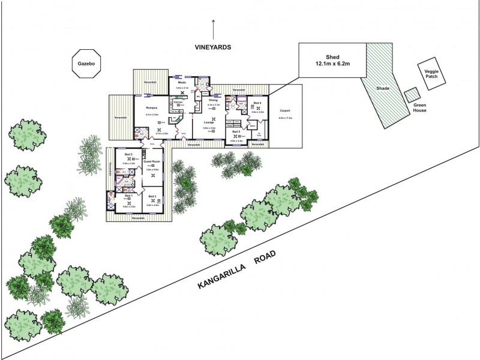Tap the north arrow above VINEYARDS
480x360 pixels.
(213, 28)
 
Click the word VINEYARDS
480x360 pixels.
(213, 47)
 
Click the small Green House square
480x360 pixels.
(412, 95)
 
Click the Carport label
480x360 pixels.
(285, 110)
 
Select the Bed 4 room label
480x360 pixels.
(257, 103)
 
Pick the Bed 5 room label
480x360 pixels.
(236, 131)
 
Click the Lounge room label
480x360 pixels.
(209, 122)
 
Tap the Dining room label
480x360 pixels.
(213, 100)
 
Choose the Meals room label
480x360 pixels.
(182, 82)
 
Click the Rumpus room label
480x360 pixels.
(151, 108)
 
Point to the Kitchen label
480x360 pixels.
(178, 103)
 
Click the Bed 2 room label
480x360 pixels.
(128, 155)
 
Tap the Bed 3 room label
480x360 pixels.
(152, 196)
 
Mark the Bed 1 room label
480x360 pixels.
(128, 196)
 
